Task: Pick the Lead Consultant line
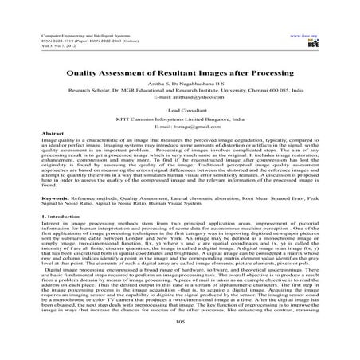tap(179, 113)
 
